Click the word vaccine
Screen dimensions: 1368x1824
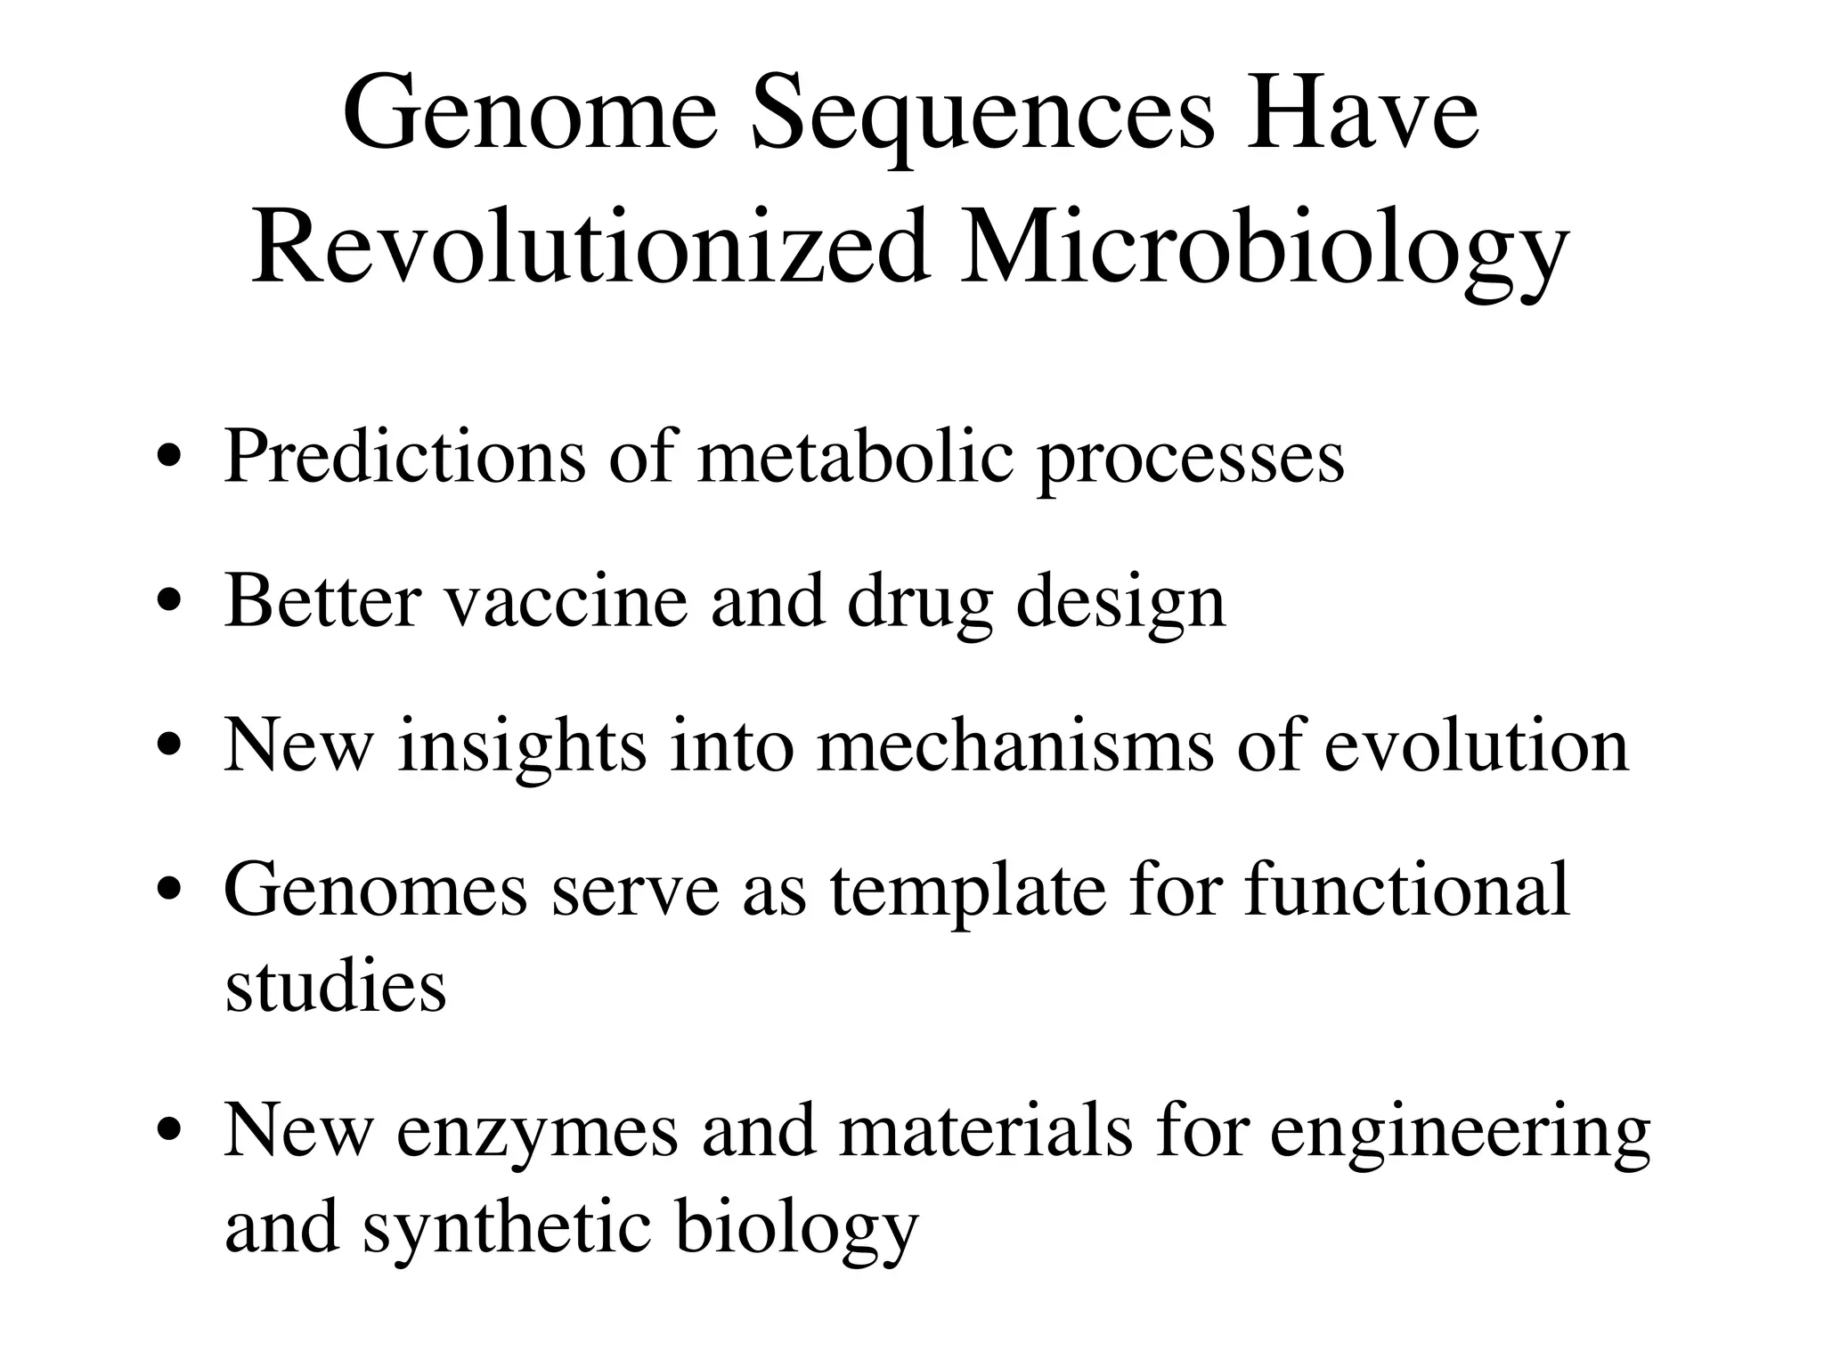[566, 602]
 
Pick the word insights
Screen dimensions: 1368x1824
[522, 745]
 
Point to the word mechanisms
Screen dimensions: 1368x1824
[1015, 745]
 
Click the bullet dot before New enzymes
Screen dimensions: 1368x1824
[169, 1132]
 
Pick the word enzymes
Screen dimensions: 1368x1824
[537, 1134]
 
